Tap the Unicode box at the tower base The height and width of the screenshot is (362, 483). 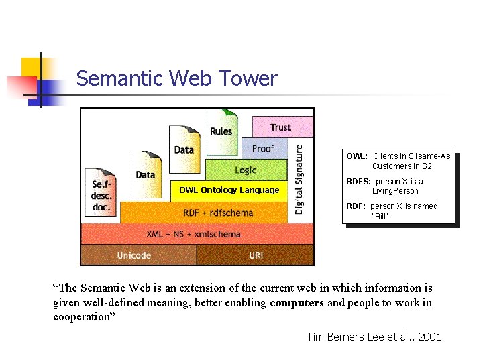click(134, 255)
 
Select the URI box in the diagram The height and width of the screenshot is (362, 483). click(256, 255)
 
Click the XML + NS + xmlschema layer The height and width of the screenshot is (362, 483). click(193, 234)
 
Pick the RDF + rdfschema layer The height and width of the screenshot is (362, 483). click(218, 213)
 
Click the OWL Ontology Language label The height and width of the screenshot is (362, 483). click(229, 190)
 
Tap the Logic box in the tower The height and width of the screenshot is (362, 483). click(246, 170)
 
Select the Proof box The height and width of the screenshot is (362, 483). click(263, 148)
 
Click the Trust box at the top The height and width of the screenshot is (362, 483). click(280, 127)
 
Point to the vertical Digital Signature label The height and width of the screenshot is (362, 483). click(299, 179)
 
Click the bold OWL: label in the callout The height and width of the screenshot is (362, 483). click(356, 156)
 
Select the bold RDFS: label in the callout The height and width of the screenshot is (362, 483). click(359, 182)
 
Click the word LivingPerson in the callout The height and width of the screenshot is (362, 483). click(395, 191)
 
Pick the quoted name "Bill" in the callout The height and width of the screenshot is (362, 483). click(380, 216)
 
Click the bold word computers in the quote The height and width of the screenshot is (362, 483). click(297, 302)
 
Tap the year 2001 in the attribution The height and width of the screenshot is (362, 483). click(429, 337)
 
